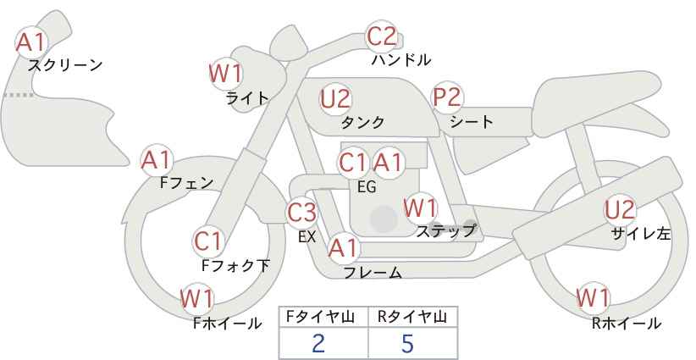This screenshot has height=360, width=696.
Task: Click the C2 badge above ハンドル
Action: coord(381,36)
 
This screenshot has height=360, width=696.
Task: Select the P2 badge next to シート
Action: coord(447,97)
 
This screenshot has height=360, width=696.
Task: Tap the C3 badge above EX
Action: coord(302,212)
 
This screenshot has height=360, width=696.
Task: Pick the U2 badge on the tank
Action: coord(335,98)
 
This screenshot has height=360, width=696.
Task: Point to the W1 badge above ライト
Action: coord(225,74)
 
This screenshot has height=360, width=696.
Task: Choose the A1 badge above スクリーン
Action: coord(33,41)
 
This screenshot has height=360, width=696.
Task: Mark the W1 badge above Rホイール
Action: coord(592,298)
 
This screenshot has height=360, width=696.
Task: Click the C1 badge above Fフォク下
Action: coord(207,241)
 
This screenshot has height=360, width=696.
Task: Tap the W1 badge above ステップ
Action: coord(420,207)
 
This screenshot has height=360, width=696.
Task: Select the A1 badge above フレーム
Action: coord(343,248)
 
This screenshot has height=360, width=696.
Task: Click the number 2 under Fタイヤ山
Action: coord(318,343)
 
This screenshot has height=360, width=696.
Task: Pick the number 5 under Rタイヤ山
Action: coord(407,343)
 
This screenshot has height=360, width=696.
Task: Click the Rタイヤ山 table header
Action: coord(412,317)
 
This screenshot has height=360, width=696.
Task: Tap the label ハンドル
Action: coord(401,60)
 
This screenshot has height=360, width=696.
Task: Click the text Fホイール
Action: coord(228,323)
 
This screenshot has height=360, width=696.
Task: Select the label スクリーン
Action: coord(65,64)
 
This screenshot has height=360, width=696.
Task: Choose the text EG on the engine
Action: coord(367,187)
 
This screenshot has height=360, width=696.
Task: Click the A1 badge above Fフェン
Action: coord(156,159)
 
